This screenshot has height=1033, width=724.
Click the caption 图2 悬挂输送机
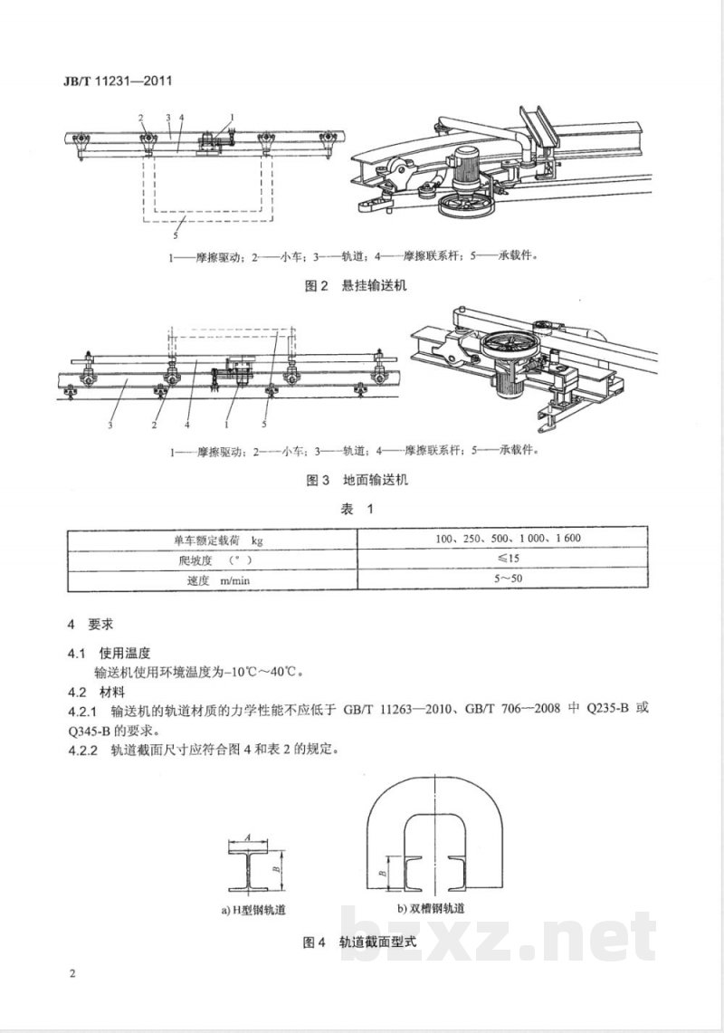coord(357,286)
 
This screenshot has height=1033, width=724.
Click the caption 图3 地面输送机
coord(357,480)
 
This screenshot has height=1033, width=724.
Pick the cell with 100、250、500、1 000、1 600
coord(507,539)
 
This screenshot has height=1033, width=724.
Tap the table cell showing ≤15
coord(507,560)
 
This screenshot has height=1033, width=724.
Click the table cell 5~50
coord(507,580)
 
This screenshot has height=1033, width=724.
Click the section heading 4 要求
coord(89,625)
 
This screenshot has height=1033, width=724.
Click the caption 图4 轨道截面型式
coord(360,942)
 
